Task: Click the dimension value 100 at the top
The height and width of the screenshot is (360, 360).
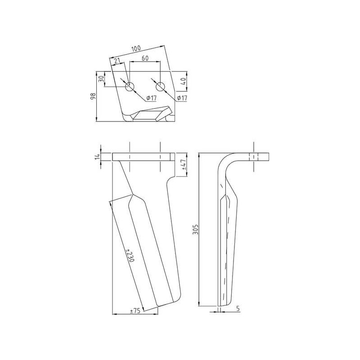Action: click(136, 49)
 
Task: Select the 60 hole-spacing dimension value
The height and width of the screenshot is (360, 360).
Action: click(145, 58)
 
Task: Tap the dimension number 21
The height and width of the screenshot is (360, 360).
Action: click(117, 61)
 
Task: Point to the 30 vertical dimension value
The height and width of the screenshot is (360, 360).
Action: click(101, 79)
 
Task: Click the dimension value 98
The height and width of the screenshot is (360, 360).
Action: click(93, 96)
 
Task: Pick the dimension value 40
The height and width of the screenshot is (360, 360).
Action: click(183, 81)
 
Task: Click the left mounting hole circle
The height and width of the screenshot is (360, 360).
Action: click(130, 87)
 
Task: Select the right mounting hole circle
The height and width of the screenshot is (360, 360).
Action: click(160, 87)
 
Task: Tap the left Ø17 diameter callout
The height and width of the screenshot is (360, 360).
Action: click(151, 98)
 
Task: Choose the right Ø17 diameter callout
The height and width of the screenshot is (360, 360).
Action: click(182, 98)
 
